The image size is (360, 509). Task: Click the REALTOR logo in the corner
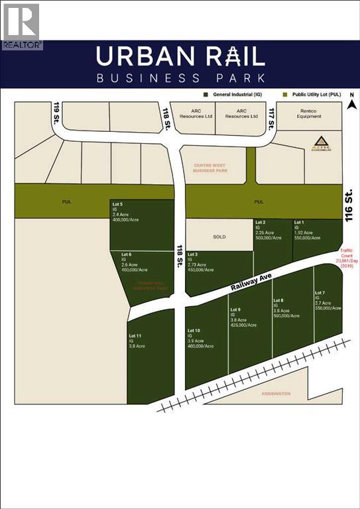coord(21,25)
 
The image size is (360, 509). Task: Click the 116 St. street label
coord(350,203)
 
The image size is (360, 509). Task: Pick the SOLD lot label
coord(219,236)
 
